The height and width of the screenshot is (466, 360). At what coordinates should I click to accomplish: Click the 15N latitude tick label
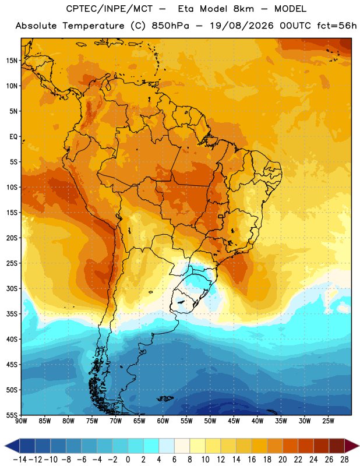point(12,61)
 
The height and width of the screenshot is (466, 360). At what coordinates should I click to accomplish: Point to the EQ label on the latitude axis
point(13,137)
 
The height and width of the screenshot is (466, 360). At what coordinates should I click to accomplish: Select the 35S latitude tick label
point(12,314)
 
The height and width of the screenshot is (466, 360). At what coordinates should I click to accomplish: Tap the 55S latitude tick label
point(12,415)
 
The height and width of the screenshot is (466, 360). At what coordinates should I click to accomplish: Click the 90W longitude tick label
point(21,421)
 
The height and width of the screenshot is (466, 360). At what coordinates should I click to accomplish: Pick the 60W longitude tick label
point(163,421)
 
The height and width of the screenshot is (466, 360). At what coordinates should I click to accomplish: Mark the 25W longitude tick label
point(328,421)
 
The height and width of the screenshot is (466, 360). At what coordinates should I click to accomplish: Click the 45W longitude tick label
point(234,421)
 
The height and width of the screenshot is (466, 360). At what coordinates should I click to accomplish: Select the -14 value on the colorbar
point(20,460)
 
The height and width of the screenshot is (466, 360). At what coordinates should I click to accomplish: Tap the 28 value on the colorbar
point(344,460)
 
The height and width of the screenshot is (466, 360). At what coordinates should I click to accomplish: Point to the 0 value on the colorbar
point(128,460)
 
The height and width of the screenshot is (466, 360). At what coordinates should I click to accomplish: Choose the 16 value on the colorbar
point(252,460)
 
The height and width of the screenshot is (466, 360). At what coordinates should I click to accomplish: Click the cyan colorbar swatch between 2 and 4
point(151,446)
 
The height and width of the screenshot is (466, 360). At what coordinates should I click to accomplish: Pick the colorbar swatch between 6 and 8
point(182,446)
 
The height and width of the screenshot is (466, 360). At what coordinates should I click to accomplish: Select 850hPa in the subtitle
point(170,26)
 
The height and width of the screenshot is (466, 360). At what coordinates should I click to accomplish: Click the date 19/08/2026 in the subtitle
point(242,26)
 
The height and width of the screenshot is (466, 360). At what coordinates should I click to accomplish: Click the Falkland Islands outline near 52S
point(165,398)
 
